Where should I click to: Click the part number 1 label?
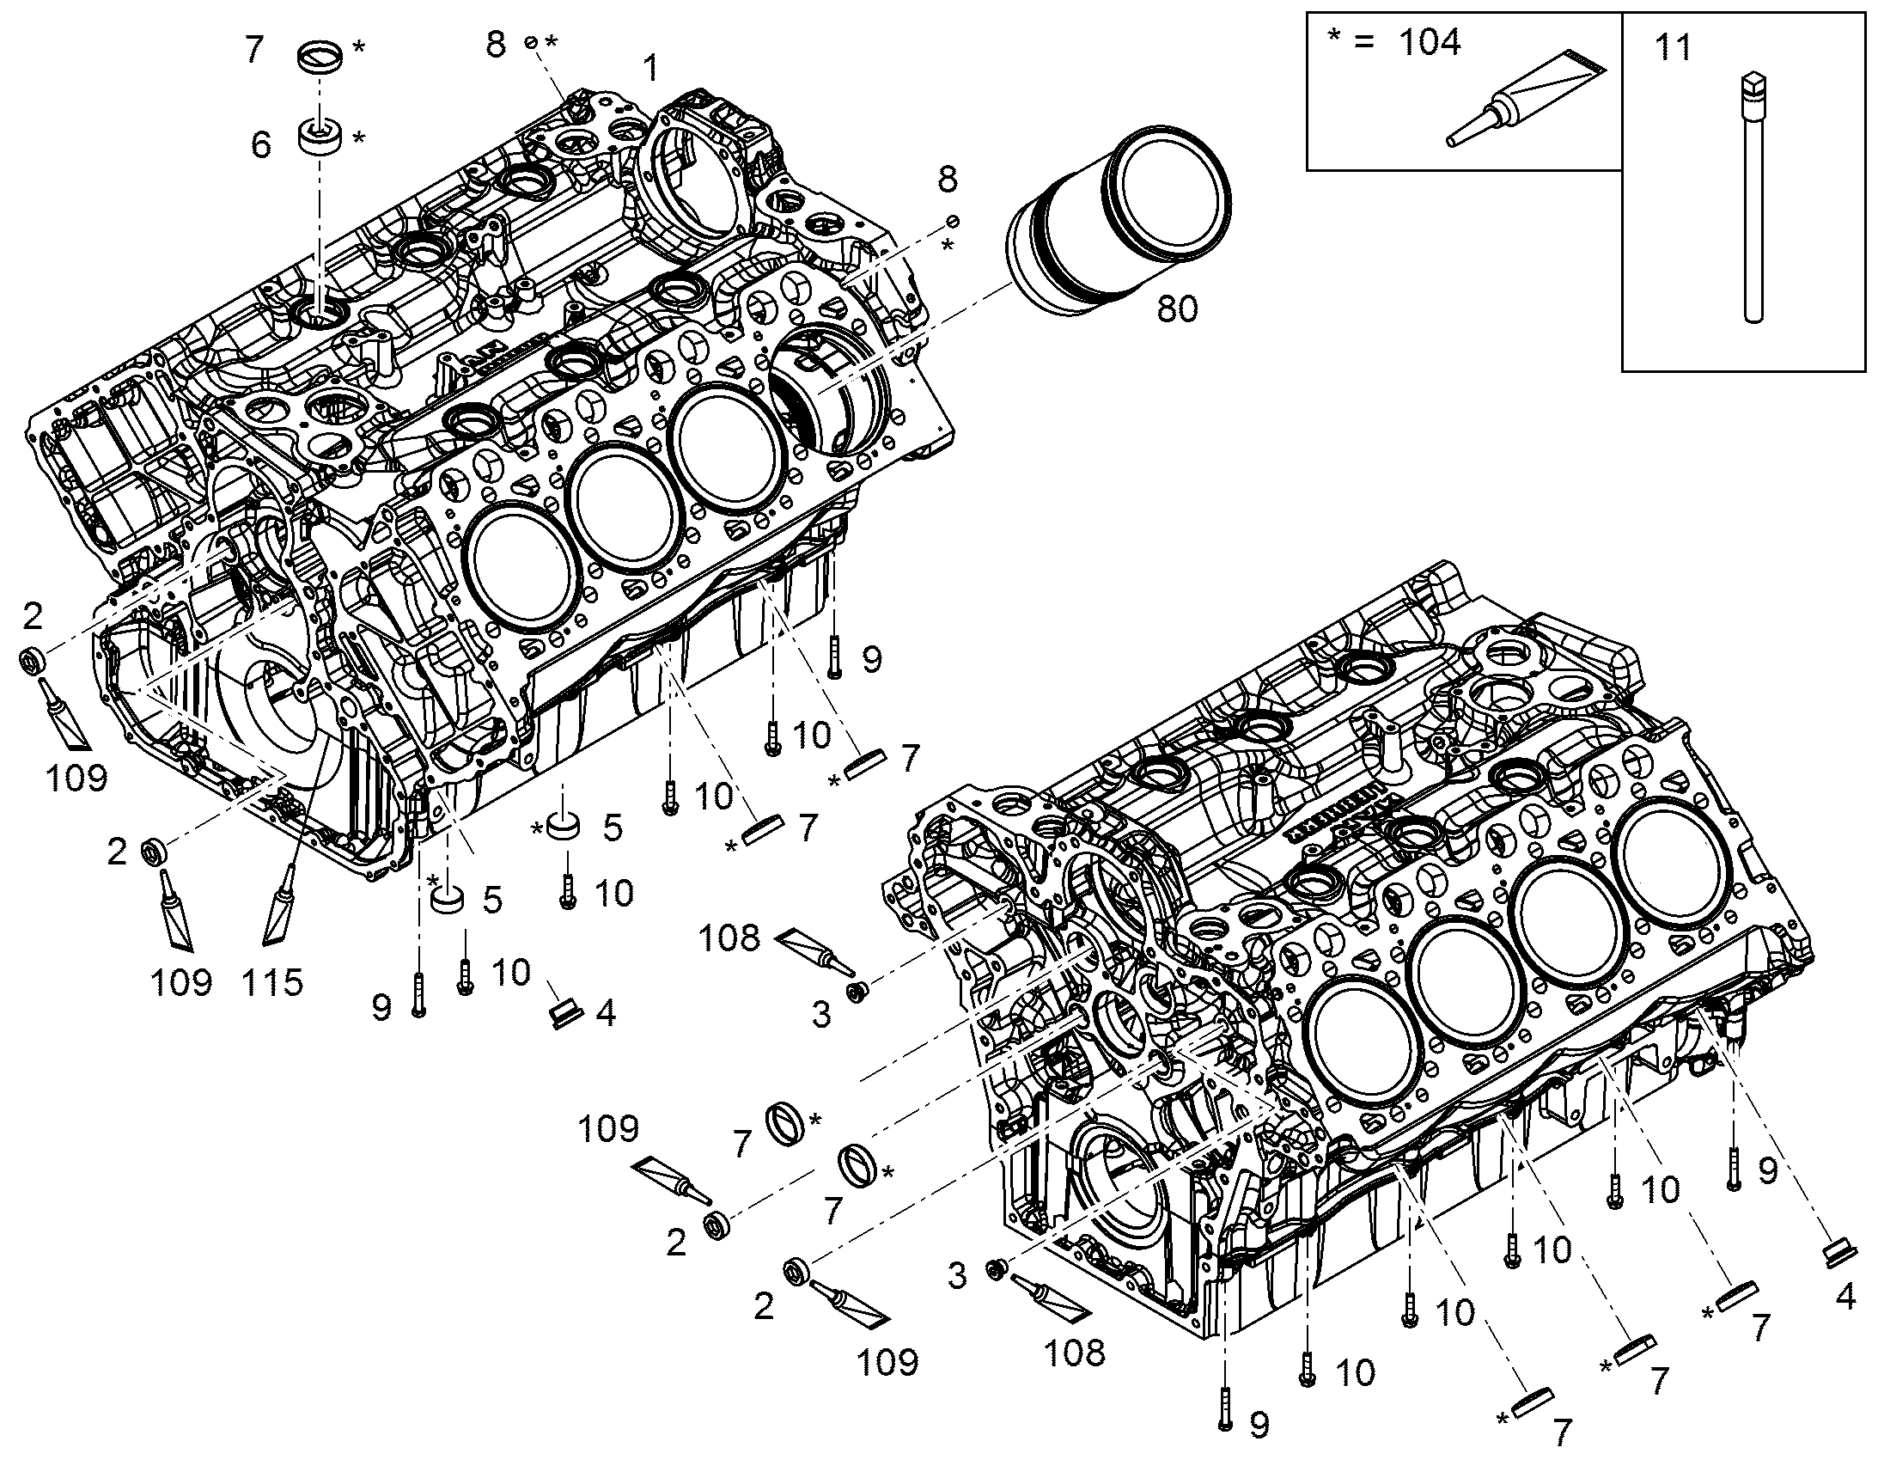point(652,67)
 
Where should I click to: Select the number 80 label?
point(1177,308)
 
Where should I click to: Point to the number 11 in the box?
point(1673,47)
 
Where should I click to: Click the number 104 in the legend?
point(1430,41)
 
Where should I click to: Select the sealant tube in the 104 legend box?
point(1525,97)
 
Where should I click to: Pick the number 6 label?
point(261,144)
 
